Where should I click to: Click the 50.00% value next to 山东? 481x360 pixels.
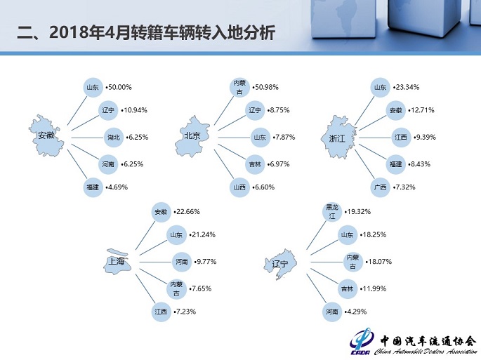119,88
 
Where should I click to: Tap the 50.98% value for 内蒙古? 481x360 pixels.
265,88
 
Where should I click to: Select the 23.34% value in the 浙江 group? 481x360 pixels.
405,88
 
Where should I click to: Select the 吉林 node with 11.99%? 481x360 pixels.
347,288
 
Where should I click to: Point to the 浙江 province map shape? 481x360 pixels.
338,135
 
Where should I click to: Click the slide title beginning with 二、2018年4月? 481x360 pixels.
145,33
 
